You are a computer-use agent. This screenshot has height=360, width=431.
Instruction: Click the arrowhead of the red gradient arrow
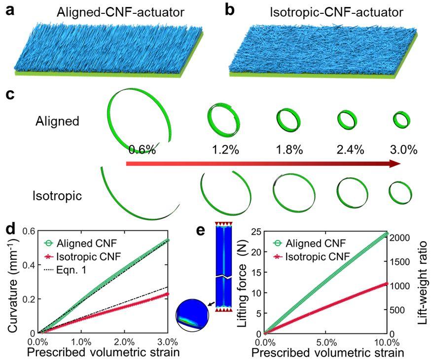tap(395, 164)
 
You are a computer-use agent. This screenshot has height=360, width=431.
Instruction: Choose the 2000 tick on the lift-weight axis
tap(401, 237)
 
